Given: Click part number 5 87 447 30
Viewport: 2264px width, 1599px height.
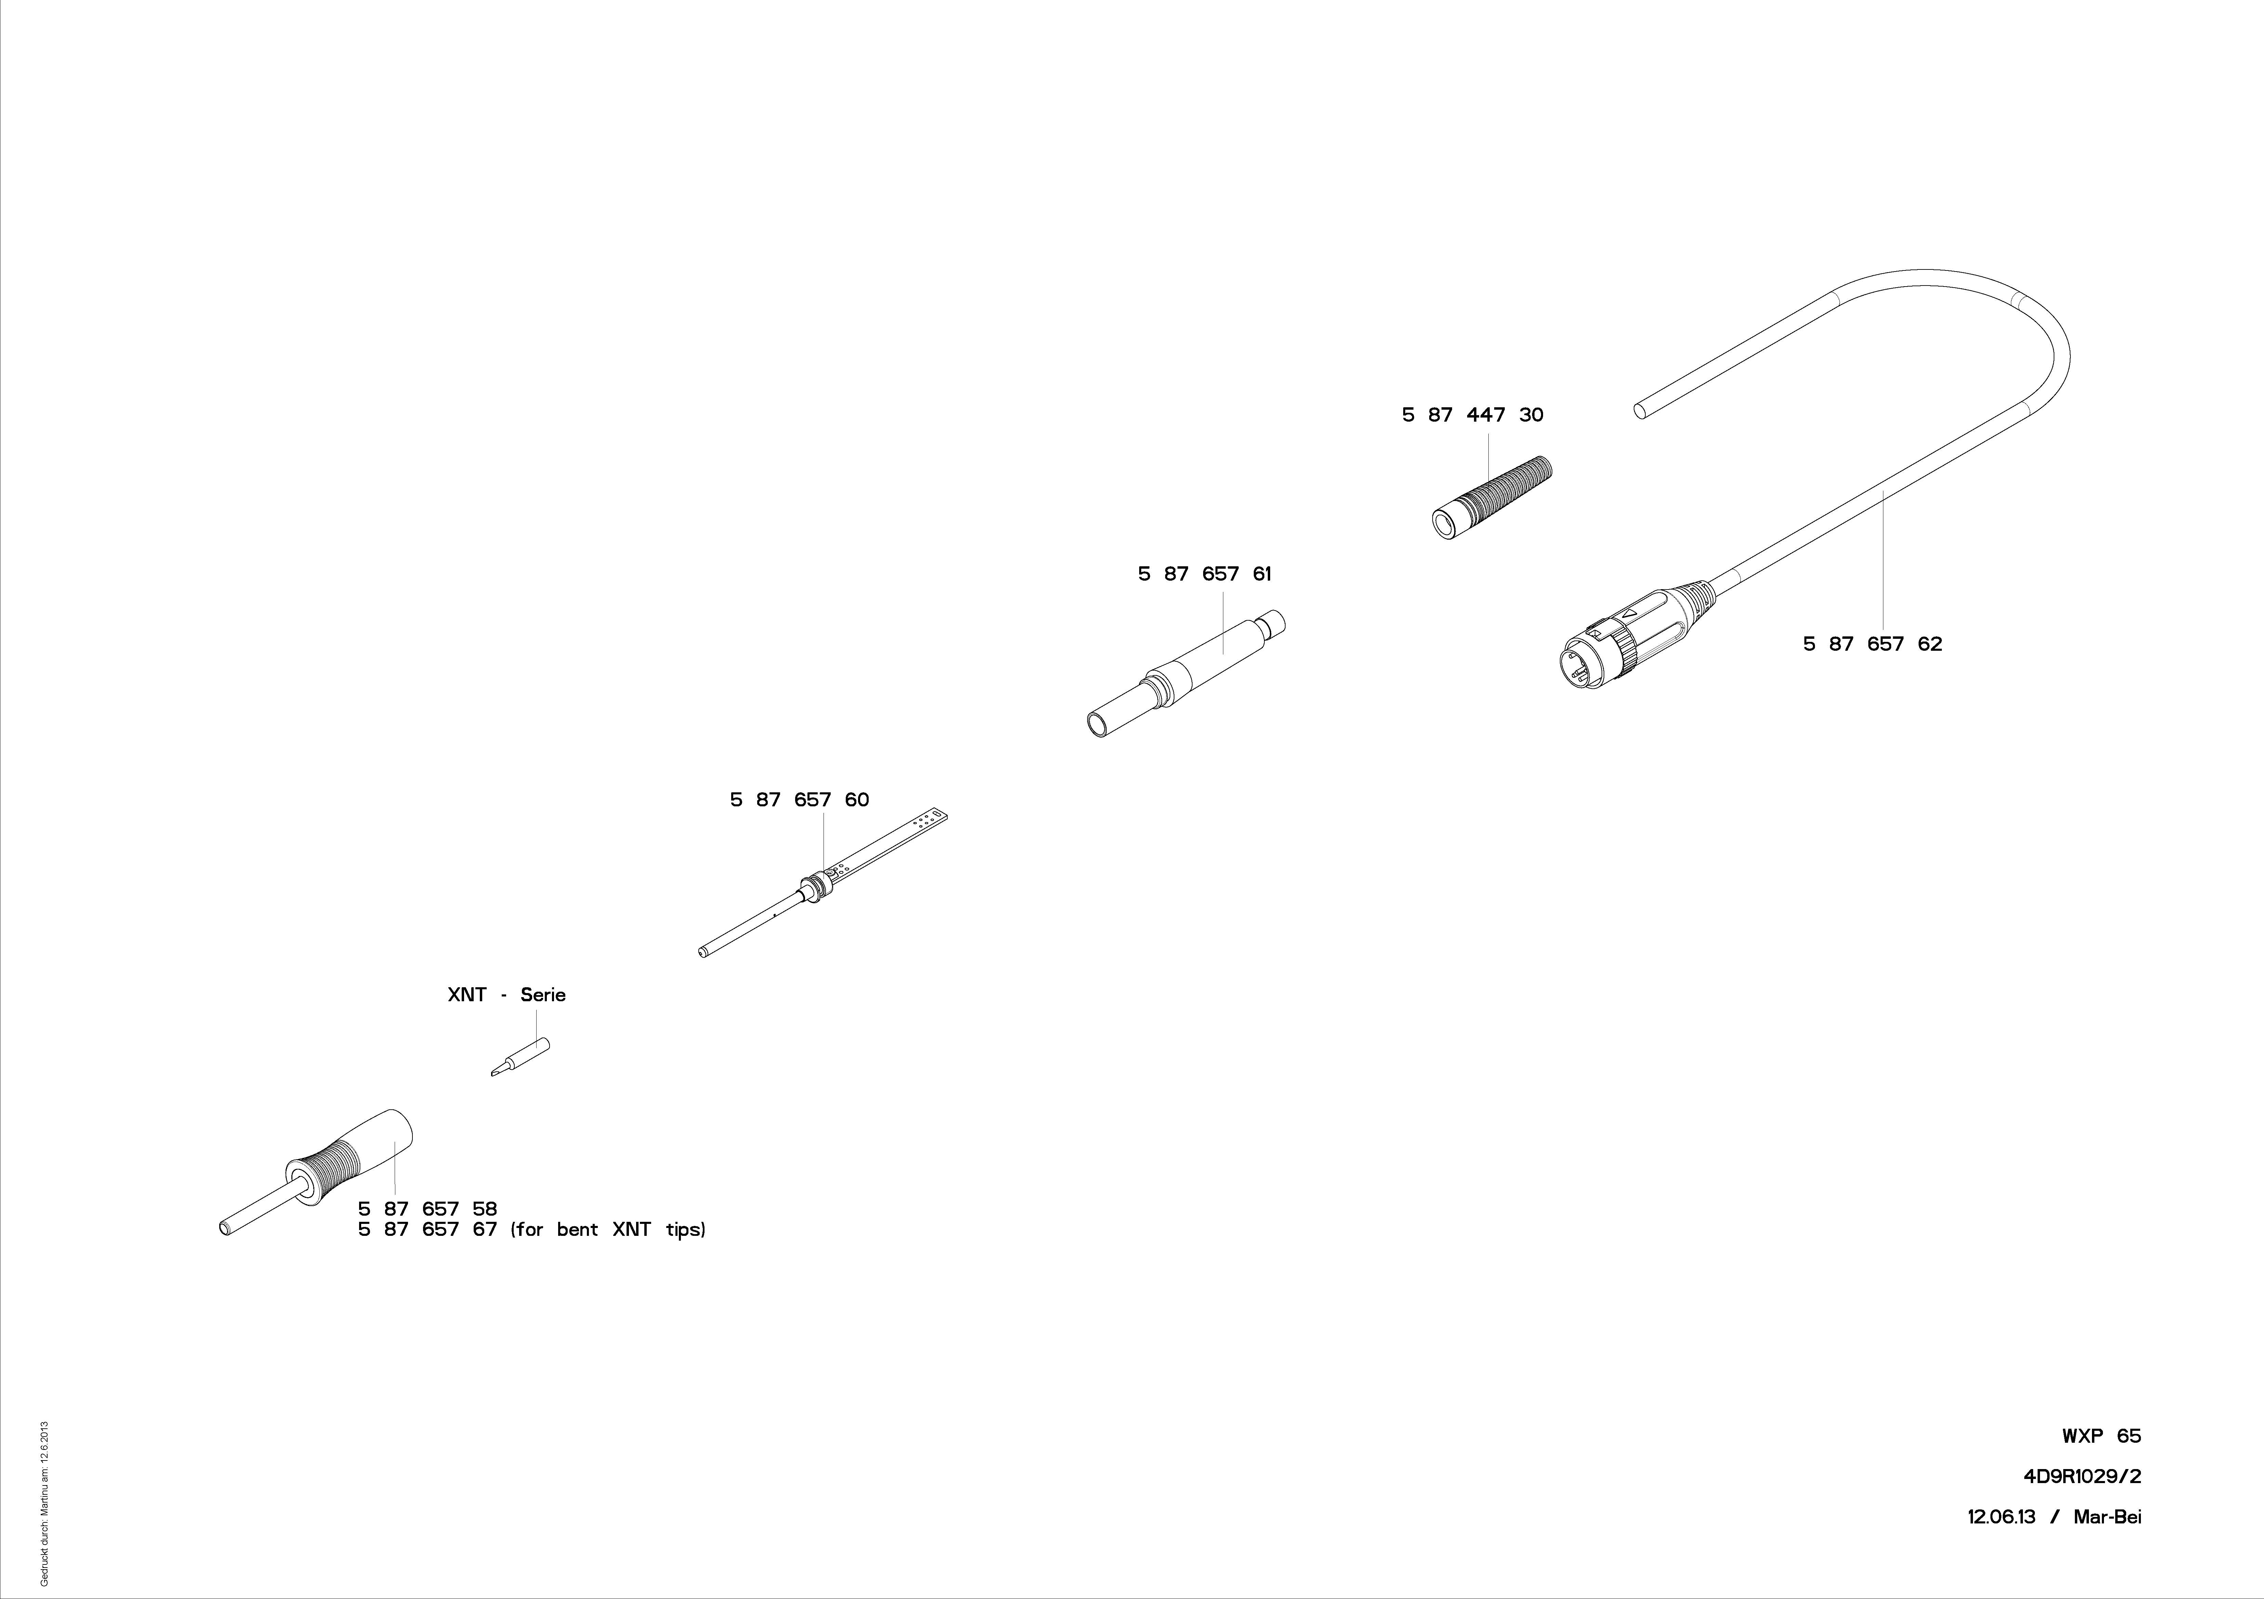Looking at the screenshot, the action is [x=1472, y=415].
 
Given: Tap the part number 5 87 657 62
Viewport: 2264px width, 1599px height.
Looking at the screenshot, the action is [x=1872, y=644].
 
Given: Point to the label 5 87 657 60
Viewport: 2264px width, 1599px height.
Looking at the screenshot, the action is [x=800, y=799].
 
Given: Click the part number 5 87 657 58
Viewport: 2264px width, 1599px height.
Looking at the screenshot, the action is [x=428, y=1208].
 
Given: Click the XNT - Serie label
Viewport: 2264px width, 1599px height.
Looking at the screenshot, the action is [x=507, y=995].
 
